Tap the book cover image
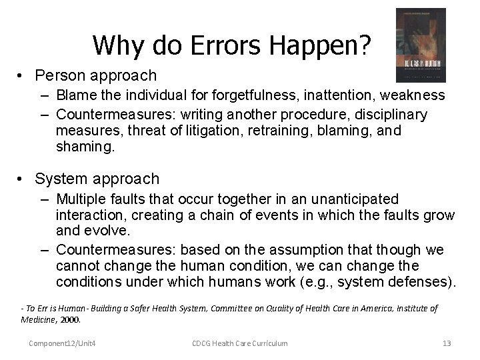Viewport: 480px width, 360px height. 421,45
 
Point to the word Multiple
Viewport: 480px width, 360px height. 82,199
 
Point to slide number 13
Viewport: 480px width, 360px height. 447,343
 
